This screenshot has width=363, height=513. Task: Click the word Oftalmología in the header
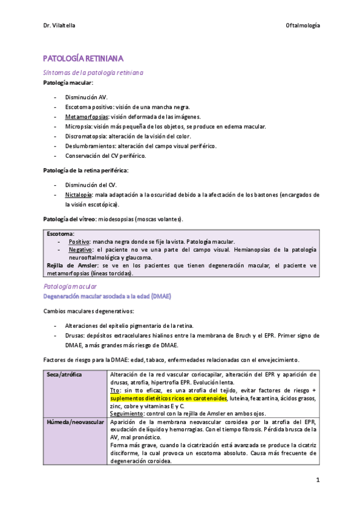pyautogui.click(x=302, y=25)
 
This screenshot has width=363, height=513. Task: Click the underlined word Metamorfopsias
pyautogui.click(x=84, y=117)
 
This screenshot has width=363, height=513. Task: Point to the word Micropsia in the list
pyautogui.click(x=77, y=126)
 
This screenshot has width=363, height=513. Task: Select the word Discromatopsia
pyautogui.click(x=85, y=136)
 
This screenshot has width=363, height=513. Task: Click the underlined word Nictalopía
pyautogui.click(x=79, y=195)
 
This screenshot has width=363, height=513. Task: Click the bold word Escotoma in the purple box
pyautogui.click(x=60, y=234)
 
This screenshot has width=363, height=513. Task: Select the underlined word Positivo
pyautogui.click(x=80, y=241)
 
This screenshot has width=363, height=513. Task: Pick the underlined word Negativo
pyautogui.click(x=80, y=249)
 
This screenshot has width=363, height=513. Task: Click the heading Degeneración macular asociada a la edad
pyautogui.click(x=106, y=296)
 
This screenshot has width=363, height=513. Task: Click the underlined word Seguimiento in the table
pyautogui.click(x=128, y=414)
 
